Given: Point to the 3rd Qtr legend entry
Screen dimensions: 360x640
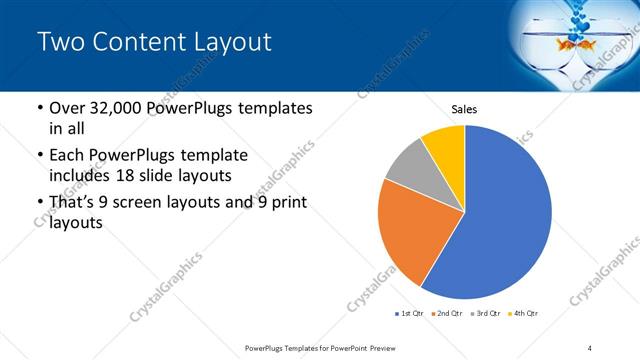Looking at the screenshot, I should (x=489, y=314).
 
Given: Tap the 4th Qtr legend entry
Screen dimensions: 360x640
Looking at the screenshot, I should (x=526, y=314).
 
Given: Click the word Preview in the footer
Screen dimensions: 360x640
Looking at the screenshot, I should (x=377, y=348).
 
